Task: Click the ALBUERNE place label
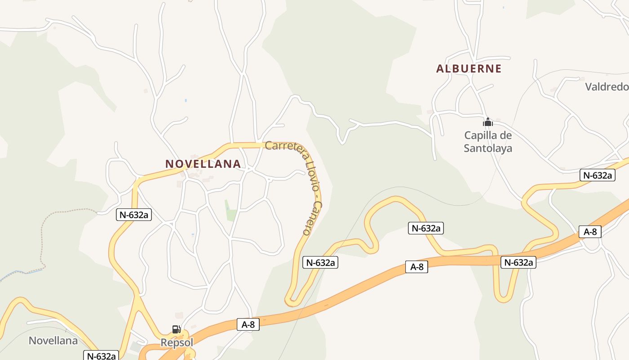(x=469, y=69)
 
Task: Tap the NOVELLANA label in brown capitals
(x=203, y=164)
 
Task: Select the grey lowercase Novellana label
(x=53, y=341)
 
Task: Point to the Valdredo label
(x=607, y=87)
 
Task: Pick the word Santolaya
(x=488, y=148)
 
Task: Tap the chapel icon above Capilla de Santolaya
(x=488, y=122)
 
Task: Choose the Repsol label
(x=177, y=343)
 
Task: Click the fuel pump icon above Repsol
(x=177, y=330)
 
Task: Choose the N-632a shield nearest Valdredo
(x=597, y=175)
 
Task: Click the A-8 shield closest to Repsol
(x=248, y=324)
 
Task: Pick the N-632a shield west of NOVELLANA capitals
(x=134, y=215)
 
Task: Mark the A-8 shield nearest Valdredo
(x=590, y=232)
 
